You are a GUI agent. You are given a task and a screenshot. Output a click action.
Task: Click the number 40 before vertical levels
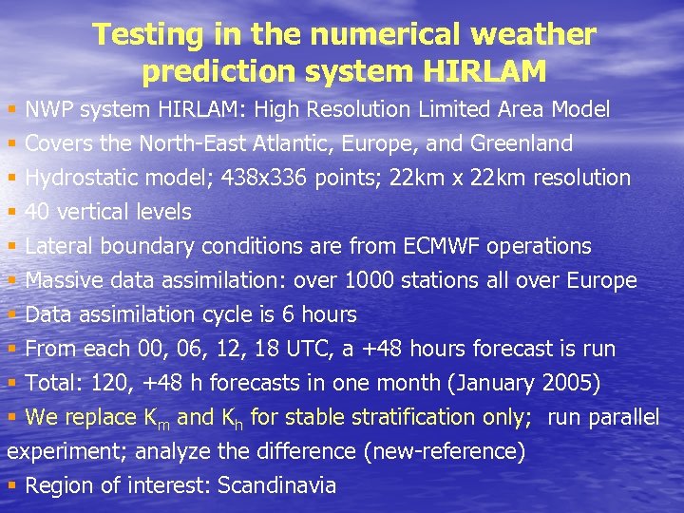coord(37,213)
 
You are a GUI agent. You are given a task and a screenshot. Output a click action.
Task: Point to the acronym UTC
coord(304,350)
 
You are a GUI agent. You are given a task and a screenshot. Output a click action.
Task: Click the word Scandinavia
coord(276,486)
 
